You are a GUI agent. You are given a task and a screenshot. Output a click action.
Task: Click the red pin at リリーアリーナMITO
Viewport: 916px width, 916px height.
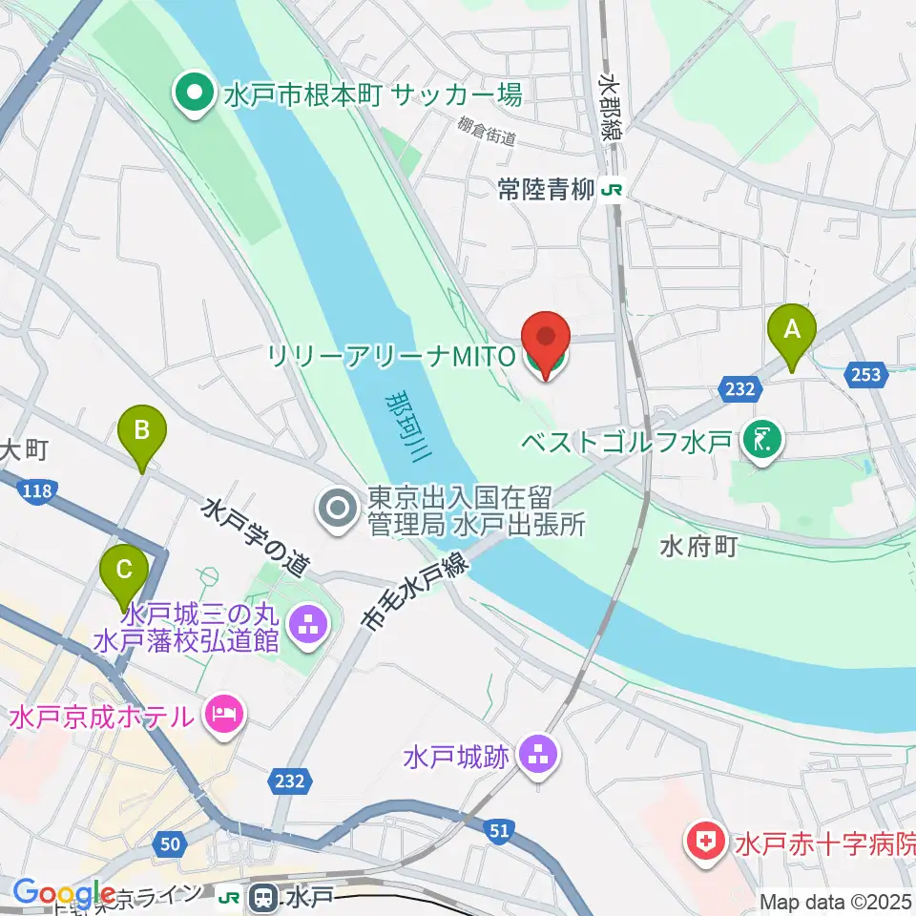pos(546,339)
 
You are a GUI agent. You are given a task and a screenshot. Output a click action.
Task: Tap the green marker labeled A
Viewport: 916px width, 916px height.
pos(791,330)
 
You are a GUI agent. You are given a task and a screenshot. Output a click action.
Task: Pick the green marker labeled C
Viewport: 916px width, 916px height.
pos(124,570)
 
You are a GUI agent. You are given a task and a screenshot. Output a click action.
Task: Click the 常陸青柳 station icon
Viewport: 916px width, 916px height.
pos(611,190)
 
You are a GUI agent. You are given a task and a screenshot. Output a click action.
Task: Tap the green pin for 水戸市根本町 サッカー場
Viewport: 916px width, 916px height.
pos(195,94)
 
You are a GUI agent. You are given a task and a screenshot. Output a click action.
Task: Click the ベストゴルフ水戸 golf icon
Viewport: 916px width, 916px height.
pos(763,440)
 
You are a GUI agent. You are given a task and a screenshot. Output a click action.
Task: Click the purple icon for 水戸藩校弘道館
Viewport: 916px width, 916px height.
pos(307,628)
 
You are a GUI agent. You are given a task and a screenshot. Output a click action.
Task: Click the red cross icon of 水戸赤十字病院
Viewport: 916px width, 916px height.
pos(706,844)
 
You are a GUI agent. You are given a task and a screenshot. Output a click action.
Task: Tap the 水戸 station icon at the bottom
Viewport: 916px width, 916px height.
pos(260,897)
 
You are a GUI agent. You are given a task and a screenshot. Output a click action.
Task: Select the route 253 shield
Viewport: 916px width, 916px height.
pos(866,375)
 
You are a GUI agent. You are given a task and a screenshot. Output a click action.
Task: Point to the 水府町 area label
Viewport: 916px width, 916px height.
pos(698,549)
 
